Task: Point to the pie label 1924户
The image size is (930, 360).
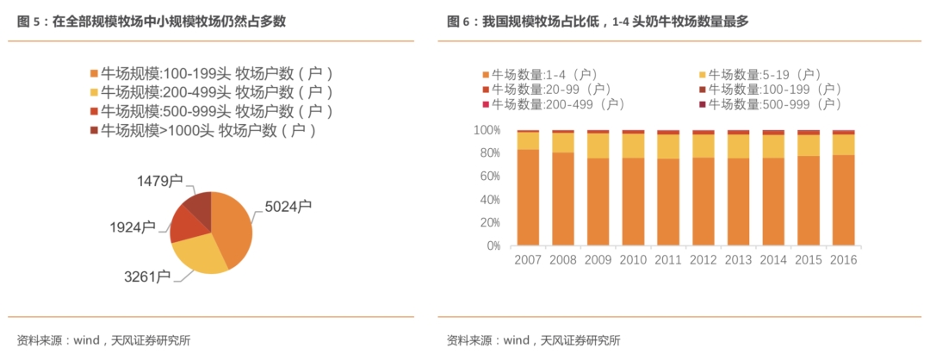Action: click(x=133, y=227)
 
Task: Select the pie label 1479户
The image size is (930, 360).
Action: click(x=160, y=181)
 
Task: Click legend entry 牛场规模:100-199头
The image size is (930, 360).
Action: click(x=211, y=73)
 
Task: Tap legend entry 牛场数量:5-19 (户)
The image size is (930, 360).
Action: click(x=758, y=75)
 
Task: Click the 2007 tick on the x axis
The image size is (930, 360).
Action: click(x=527, y=260)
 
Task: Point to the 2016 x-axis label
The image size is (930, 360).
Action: click(x=843, y=260)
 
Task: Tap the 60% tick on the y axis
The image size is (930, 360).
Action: click(x=487, y=177)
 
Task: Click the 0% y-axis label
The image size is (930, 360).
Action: click(x=491, y=245)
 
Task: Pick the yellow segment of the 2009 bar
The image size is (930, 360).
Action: click(x=598, y=146)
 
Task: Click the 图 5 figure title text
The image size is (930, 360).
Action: click(x=151, y=22)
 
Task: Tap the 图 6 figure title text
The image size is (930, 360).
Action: click(x=598, y=22)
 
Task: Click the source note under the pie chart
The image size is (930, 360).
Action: click(x=103, y=339)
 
